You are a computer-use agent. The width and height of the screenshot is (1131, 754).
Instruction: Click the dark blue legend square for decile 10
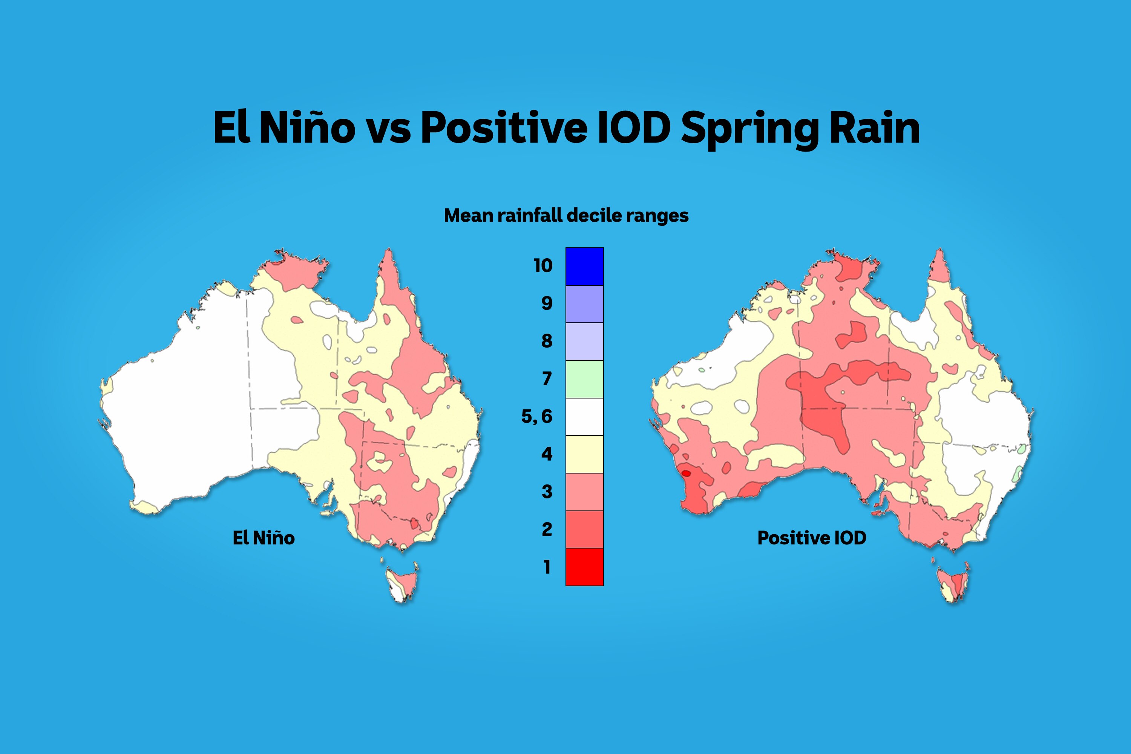tap(584, 267)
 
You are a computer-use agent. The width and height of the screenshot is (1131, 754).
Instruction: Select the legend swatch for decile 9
tap(584, 304)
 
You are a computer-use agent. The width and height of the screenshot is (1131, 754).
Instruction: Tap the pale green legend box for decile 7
tap(584, 379)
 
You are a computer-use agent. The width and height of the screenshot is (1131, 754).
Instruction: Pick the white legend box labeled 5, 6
tap(584, 417)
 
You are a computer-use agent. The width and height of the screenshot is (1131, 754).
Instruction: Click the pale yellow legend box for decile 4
tap(584, 454)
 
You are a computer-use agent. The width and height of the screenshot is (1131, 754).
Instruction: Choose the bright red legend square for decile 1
tap(584, 567)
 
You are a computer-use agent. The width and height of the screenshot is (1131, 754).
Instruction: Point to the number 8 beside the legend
tap(547, 341)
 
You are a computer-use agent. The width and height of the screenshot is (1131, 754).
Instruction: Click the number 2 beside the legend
tap(547, 529)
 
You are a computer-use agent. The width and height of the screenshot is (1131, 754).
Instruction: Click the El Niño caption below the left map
tap(264, 538)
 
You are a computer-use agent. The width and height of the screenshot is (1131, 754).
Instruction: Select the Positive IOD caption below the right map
tap(812, 538)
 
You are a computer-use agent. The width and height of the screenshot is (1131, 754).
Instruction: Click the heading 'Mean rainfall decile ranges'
tap(566, 215)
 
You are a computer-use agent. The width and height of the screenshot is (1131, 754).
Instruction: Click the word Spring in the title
tap(749, 129)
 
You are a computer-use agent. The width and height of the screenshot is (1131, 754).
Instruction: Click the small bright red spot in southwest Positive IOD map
tap(686, 474)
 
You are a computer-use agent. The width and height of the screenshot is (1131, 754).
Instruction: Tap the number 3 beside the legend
tap(547, 492)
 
